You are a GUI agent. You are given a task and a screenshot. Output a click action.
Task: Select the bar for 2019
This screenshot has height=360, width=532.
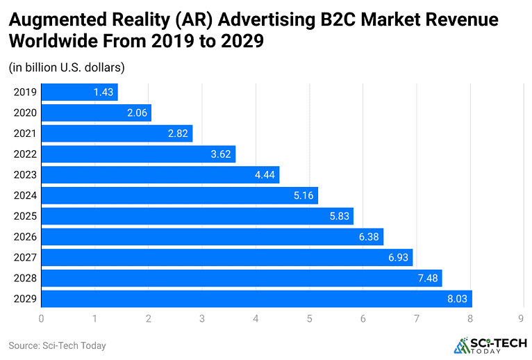point(79,92)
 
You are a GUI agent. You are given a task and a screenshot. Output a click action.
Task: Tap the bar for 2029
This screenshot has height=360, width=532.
point(256,299)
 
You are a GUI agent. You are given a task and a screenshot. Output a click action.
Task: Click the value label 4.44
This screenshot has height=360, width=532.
point(266,175)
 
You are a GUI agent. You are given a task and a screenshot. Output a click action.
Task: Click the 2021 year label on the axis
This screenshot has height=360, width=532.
point(24,133)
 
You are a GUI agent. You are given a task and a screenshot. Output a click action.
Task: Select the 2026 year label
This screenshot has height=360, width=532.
point(24,237)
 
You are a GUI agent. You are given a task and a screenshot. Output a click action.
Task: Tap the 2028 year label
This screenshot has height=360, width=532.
point(24,278)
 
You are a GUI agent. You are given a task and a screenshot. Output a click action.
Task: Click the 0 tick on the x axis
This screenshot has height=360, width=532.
point(42,318)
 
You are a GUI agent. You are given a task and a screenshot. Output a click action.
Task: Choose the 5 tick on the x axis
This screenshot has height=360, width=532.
point(310,318)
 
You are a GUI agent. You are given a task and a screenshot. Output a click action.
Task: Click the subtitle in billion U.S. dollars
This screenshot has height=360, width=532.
point(66,67)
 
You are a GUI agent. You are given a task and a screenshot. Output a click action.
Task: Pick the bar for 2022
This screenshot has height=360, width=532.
point(138,154)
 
